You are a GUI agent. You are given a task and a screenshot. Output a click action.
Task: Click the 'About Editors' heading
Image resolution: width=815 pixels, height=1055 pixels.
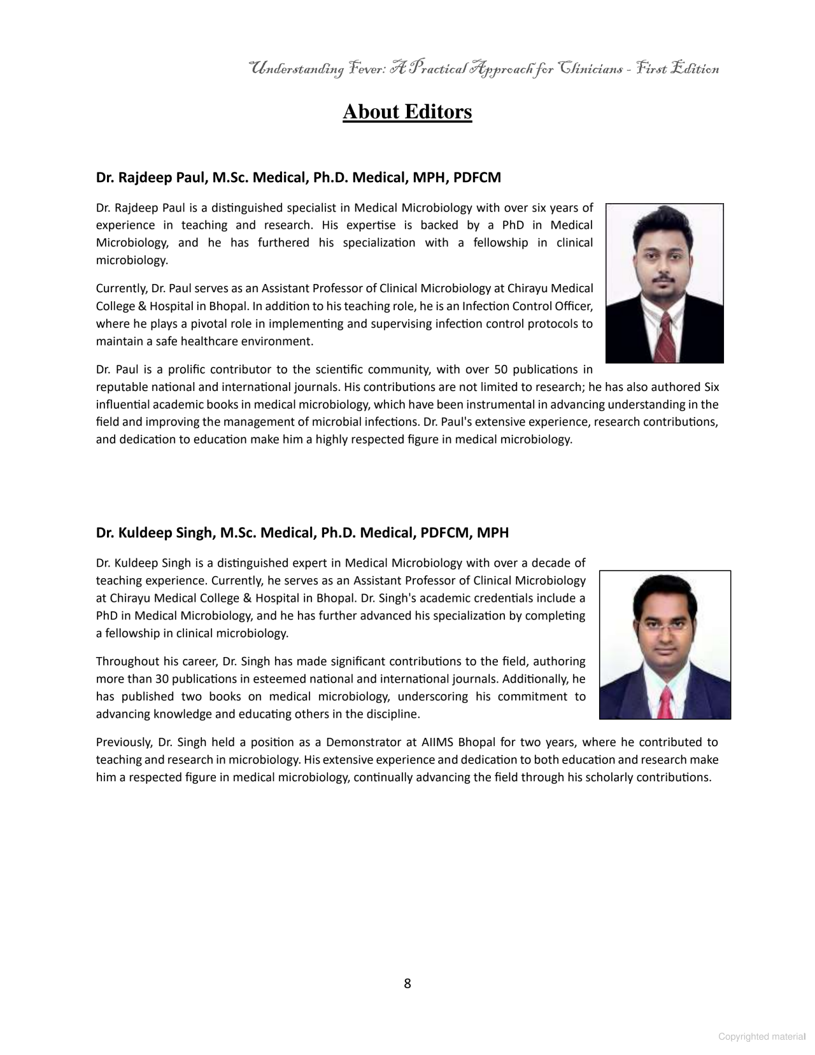407,112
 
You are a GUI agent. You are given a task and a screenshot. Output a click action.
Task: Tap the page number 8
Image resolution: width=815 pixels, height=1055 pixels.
407,984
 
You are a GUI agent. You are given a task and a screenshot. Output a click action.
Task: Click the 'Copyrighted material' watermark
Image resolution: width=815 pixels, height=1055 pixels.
762,1037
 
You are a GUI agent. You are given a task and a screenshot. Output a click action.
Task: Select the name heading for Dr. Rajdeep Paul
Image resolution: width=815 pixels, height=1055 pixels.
298,178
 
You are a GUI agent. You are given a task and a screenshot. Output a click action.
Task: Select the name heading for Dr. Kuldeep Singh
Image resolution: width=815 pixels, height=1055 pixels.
302,533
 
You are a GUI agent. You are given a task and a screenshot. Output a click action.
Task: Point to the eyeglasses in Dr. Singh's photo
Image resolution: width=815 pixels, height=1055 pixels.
664,626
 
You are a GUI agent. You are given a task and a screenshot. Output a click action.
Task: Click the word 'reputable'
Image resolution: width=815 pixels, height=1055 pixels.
120,387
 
